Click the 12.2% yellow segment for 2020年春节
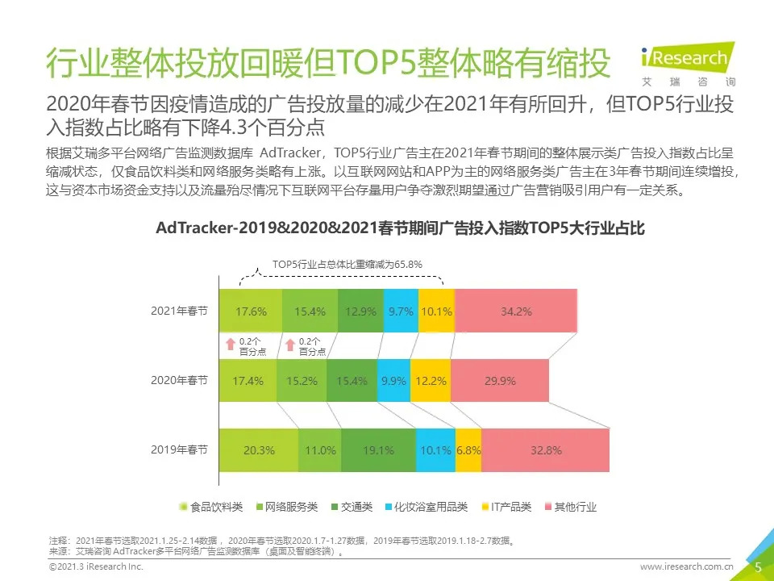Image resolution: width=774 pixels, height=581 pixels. [430, 381]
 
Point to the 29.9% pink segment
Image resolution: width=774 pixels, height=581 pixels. [499, 381]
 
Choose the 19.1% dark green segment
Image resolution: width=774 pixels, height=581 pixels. [378, 450]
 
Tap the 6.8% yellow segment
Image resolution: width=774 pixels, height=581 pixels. [468, 450]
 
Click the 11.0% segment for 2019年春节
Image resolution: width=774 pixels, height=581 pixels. [319, 450]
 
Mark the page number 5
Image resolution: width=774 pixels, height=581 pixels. [758, 567]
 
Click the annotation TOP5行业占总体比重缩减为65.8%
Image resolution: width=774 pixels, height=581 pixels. [347, 264]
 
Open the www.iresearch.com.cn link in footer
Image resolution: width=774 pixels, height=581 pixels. [686, 568]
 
